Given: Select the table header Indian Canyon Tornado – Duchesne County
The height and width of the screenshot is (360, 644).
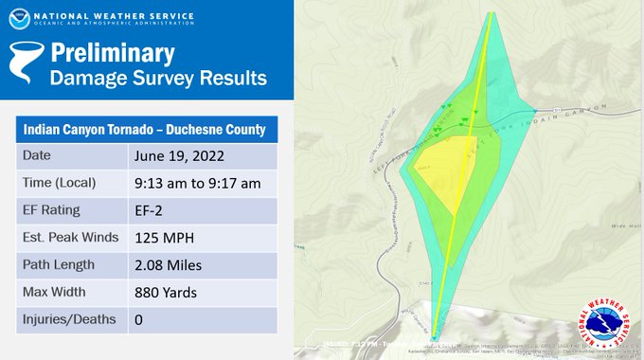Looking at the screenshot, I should tap(144, 128).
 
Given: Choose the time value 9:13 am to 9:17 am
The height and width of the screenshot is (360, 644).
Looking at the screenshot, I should tap(195, 183).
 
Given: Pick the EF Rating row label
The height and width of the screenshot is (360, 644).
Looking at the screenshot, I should tap(52, 209).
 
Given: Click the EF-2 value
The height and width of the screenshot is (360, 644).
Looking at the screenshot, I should tap(151, 210).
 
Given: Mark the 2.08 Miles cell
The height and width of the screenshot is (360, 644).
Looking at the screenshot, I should tap(168, 264).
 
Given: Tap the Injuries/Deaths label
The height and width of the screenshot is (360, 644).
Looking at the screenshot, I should tap(68, 319).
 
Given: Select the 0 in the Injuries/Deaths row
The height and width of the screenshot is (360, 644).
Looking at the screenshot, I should tap(138, 319).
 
